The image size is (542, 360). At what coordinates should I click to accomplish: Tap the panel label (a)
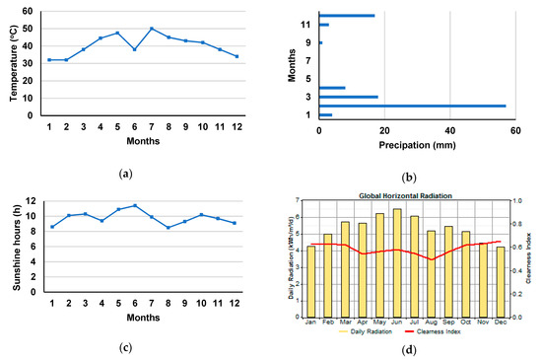point(124,174)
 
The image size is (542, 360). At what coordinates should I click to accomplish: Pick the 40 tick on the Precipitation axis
point(449,129)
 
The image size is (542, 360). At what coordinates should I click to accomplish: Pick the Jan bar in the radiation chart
point(311,281)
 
